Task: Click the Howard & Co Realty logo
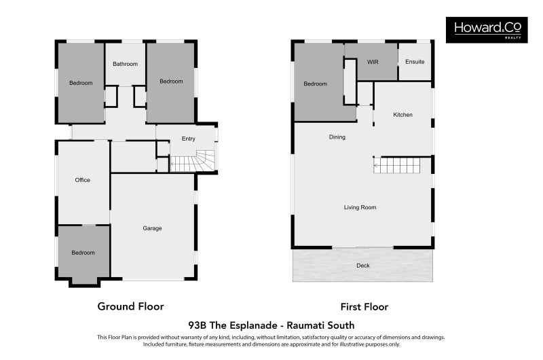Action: click(x=487, y=30)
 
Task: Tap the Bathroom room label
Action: click(x=125, y=65)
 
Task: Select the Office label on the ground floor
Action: click(x=82, y=180)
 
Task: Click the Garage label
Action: click(x=152, y=228)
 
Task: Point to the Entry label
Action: click(x=188, y=139)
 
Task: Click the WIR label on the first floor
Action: click(x=372, y=62)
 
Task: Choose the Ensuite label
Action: click(x=415, y=62)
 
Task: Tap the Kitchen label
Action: click(x=402, y=115)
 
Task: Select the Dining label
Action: click(x=337, y=137)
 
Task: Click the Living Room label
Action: click(x=360, y=207)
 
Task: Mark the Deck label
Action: click(x=363, y=266)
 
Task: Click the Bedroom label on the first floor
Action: click(x=315, y=84)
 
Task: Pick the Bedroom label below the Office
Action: click(x=83, y=253)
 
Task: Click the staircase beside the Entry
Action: click(x=193, y=162)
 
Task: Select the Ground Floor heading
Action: click(x=131, y=306)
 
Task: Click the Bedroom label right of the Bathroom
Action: click(x=171, y=82)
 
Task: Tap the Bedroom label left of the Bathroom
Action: click(x=80, y=83)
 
